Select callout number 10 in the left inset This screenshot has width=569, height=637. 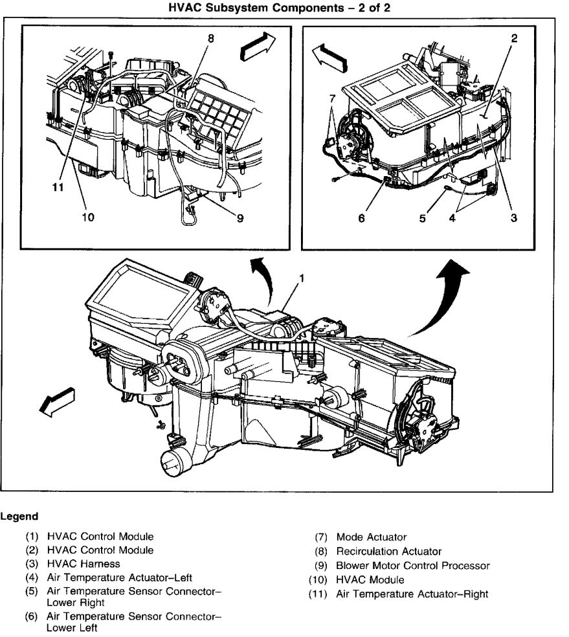[87, 217]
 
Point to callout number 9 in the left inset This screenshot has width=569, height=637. [240, 218]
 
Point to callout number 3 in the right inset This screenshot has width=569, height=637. [513, 218]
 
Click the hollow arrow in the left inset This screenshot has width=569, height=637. [256, 47]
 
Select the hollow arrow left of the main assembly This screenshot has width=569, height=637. [56, 401]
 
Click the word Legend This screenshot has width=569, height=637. [19, 517]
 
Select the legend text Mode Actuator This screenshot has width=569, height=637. [371, 537]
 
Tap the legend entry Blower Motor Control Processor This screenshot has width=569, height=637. [413, 565]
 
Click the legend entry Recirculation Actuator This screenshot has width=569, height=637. [388, 551]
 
